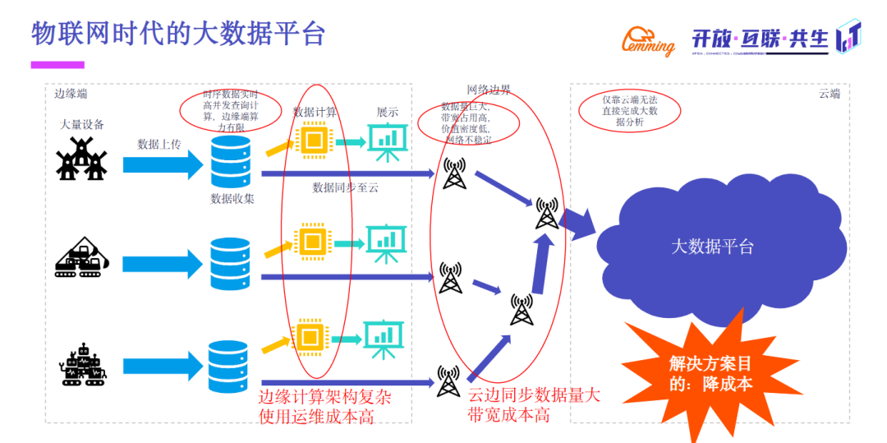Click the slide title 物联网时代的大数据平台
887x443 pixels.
(178, 33)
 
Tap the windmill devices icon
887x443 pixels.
(82, 159)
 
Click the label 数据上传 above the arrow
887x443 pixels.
(159, 145)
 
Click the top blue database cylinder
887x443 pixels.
(230, 160)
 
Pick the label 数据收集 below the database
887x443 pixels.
(232, 198)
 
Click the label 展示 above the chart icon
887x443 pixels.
(387, 112)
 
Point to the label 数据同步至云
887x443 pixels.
(345, 187)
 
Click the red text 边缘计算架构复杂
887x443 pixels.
(325, 397)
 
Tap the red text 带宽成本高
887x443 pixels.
(508, 415)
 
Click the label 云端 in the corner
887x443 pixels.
(829, 94)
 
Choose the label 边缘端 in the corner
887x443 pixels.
(71, 94)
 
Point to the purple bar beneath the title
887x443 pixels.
(57, 64)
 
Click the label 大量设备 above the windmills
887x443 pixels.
(82, 125)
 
